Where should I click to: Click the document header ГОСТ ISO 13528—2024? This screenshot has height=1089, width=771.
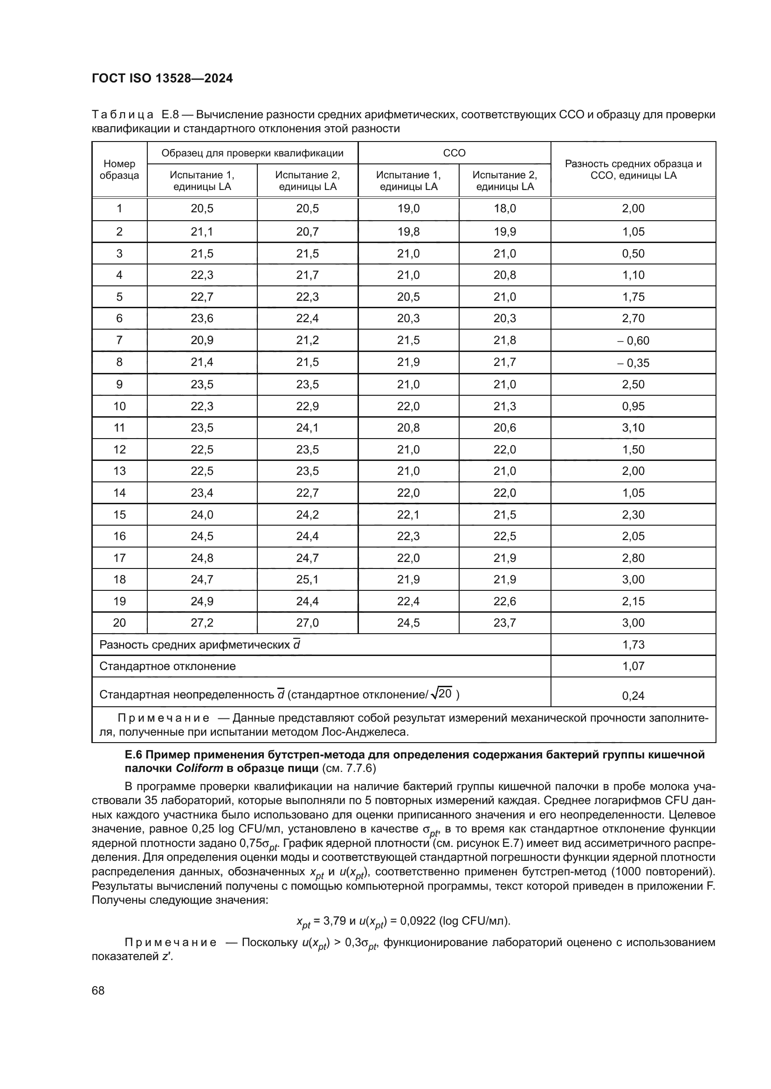click(162, 79)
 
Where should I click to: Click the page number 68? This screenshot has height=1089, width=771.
click(98, 990)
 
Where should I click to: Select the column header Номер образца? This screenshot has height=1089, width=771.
click(119, 169)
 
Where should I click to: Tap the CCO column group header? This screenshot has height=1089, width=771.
click(454, 153)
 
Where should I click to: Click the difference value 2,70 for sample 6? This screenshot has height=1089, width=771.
click(633, 318)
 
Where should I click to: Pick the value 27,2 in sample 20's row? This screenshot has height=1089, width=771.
click(202, 623)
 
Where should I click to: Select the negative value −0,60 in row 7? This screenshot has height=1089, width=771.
click(633, 340)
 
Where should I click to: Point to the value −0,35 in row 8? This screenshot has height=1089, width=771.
click(633, 363)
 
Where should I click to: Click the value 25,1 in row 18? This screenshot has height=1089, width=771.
click(307, 579)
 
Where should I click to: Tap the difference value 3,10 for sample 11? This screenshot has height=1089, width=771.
click(633, 428)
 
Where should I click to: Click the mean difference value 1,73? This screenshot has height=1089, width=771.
click(633, 644)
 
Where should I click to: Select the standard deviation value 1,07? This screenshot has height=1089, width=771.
click(633, 666)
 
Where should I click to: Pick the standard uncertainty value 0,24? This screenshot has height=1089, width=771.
click(633, 696)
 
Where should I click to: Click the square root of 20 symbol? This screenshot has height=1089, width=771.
click(441, 694)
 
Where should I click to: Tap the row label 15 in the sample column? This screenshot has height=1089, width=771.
click(119, 514)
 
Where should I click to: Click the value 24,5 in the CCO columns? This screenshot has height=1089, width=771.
click(408, 623)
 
